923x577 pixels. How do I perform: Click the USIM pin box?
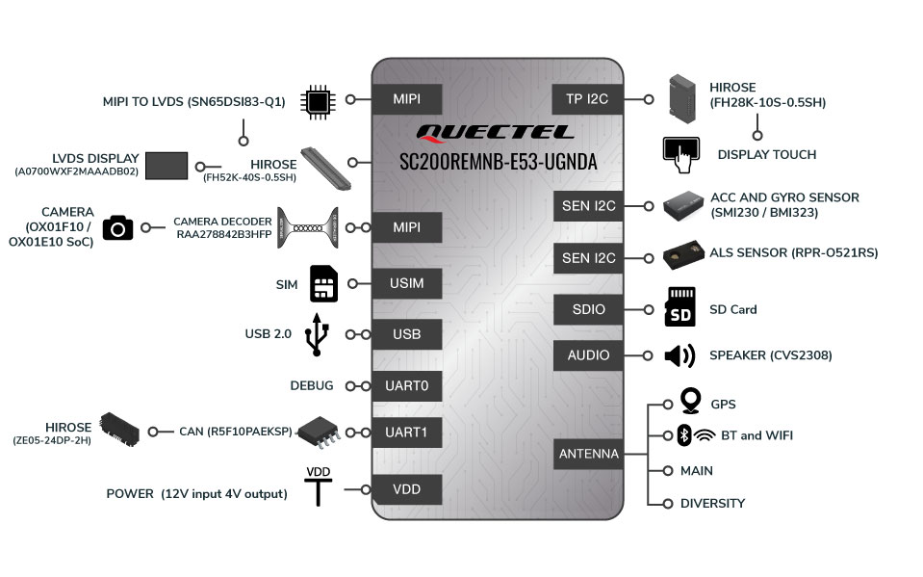click(x=407, y=283)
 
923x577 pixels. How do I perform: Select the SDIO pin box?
click(x=588, y=309)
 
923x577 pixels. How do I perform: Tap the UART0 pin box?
click(x=407, y=386)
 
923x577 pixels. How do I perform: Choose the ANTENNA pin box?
click(x=588, y=454)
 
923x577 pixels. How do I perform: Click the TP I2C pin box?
click(x=587, y=99)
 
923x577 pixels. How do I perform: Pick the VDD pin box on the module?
click(x=407, y=489)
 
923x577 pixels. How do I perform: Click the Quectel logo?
click(x=495, y=133)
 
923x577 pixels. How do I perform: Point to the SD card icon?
click(x=679, y=307)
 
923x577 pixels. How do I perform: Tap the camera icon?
click(x=117, y=227)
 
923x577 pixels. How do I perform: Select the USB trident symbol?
click(x=317, y=335)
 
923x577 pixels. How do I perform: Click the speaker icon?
click(x=679, y=356)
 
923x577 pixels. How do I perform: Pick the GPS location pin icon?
click(x=690, y=401)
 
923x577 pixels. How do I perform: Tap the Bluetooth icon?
click(x=684, y=435)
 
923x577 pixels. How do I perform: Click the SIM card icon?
click(x=323, y=283)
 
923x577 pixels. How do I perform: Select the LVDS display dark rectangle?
click(x=167, y=166)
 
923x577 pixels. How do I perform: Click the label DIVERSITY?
click(x=712, y=504)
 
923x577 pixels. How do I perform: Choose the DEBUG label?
click(x=312, y=385)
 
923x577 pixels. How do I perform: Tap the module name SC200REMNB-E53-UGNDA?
click(x=498, y=162)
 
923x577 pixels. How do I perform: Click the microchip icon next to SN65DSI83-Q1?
click(x=318, y=102)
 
